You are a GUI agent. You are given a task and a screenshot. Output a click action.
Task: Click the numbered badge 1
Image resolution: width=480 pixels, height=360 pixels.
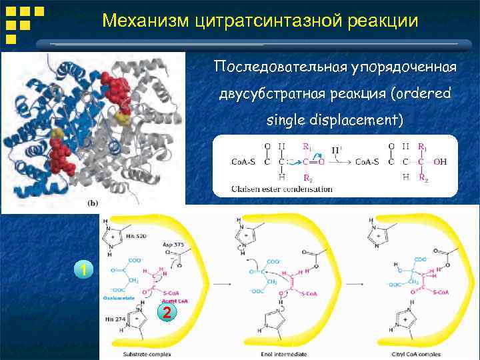coord(83,269)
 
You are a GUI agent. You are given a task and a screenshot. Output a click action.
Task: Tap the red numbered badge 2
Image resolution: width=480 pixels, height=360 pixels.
coord(167,313)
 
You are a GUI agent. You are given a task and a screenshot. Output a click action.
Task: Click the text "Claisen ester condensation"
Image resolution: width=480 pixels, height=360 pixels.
coord(281,189)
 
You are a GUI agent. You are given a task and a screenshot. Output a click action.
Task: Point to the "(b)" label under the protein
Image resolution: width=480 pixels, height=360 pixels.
coord(94,203)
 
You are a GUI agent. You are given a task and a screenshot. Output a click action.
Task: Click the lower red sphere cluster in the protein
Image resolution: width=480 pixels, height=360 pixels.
coord(60,157)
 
